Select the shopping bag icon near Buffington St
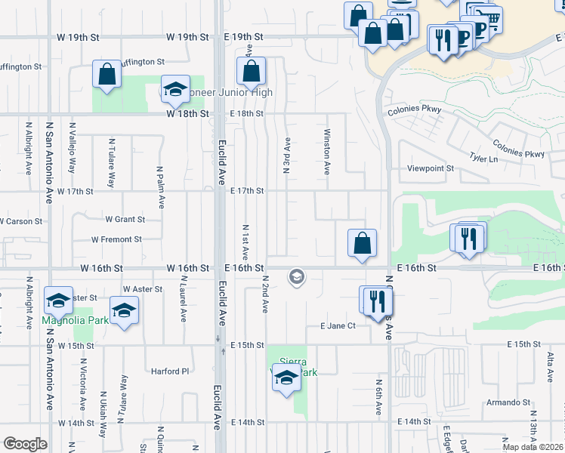107,74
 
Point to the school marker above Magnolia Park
58,300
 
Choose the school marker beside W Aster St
125,310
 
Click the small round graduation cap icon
297,278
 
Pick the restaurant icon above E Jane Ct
378,301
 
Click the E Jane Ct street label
338,326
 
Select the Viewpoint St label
431,169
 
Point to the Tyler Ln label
483,159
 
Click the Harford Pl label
169,371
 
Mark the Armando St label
505,402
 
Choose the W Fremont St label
116,239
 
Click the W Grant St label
125,220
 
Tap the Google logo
25,444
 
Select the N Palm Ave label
161,187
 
